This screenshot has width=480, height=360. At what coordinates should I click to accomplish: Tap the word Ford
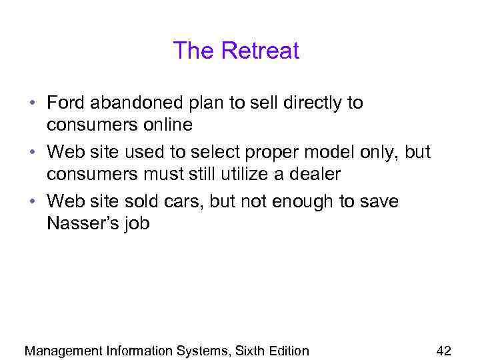pos(66,103)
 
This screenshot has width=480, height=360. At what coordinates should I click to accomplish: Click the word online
pos(168,125)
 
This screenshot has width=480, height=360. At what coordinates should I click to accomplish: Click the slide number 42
pos(443,351)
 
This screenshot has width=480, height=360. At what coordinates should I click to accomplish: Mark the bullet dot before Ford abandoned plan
pos(31,104)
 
